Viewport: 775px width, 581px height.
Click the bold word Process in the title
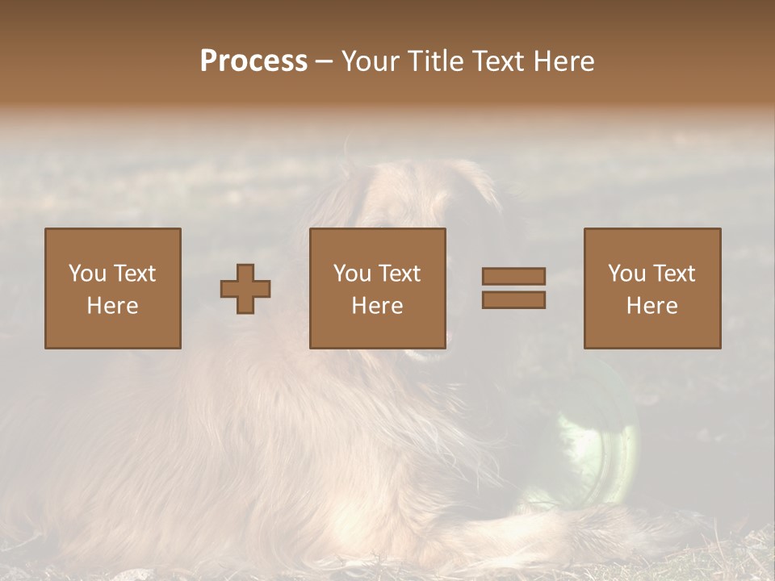pyautogui.click(x=253, y=61)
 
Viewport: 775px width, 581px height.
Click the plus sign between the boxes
pyautogui.click(x=245, y=289)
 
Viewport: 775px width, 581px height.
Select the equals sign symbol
pyautogui.click(x=513, y=288)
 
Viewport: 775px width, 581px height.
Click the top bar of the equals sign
pyautogui.click(x=513, y=276)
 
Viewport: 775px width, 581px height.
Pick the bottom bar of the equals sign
pyautogui.click(x=513, y=300)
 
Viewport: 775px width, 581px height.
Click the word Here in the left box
pyautogui.click(x=112, y=306)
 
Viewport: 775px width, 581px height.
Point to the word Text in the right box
pyautogui.click(x=675, y=274)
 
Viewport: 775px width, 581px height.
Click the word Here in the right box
pyautogui.click(x=652, y=306)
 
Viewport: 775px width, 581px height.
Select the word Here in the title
pyautogui.click(x=567, y=61)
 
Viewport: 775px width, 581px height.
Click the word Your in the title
pyautogui.click(x=369, y=61)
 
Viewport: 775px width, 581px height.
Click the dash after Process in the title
pyautogui.click(x=324, y=62)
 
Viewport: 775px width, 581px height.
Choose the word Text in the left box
pyautogui.click(x=135, y=274)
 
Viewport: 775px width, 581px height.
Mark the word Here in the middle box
pyautogui.click(x=377, y=306)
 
